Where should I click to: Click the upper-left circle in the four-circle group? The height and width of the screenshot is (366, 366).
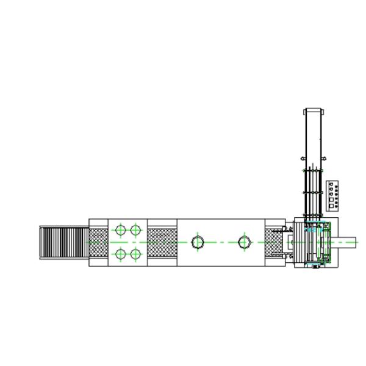click(x=120, y=230)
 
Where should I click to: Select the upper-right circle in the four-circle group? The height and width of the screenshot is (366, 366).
click(x=135, y=230)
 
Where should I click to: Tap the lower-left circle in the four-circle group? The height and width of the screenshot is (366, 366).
click(x=120, y=254)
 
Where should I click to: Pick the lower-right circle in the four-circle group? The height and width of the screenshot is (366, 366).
click(x=135, y=254)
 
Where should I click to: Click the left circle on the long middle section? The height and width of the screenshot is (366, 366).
click(x=197, y=242)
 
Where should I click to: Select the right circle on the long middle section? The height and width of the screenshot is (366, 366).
click(x=244, y=242)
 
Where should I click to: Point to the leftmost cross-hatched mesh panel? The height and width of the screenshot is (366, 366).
click(x=98, y=242)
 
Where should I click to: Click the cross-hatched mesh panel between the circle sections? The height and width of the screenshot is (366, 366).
click(x=162, y=242)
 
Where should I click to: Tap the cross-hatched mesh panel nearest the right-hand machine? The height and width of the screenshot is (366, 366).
click(x=275, y=242)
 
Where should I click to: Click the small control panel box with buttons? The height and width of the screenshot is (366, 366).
click(x=333, y=195)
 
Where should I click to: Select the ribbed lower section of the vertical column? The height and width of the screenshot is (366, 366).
click(x=314, y=192)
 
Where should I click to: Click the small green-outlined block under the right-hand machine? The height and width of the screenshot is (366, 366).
click(x=315, y=266)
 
